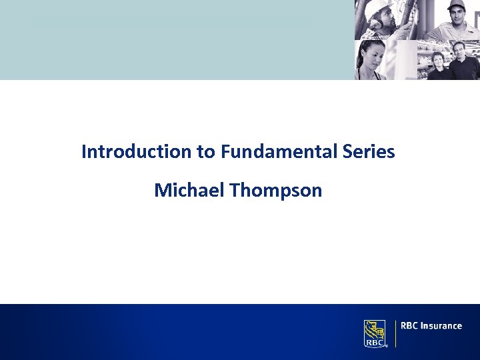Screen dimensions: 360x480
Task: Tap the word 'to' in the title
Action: pyautogui.click(x=205, y=152)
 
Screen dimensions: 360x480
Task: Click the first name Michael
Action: pyautogui.click(x=189, y=191)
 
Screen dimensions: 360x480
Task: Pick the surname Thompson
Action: pyautogui.click(x=276, y=191)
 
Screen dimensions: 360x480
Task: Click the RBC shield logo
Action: pyautogui.click(x=375, y=333)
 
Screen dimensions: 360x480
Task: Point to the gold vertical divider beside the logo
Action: pyautogui.click(x=395, y=333)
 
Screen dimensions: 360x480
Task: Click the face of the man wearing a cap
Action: pyautogui.click(x=457, y=15)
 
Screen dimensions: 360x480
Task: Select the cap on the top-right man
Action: pyautogui.click(x=456, y=5)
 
